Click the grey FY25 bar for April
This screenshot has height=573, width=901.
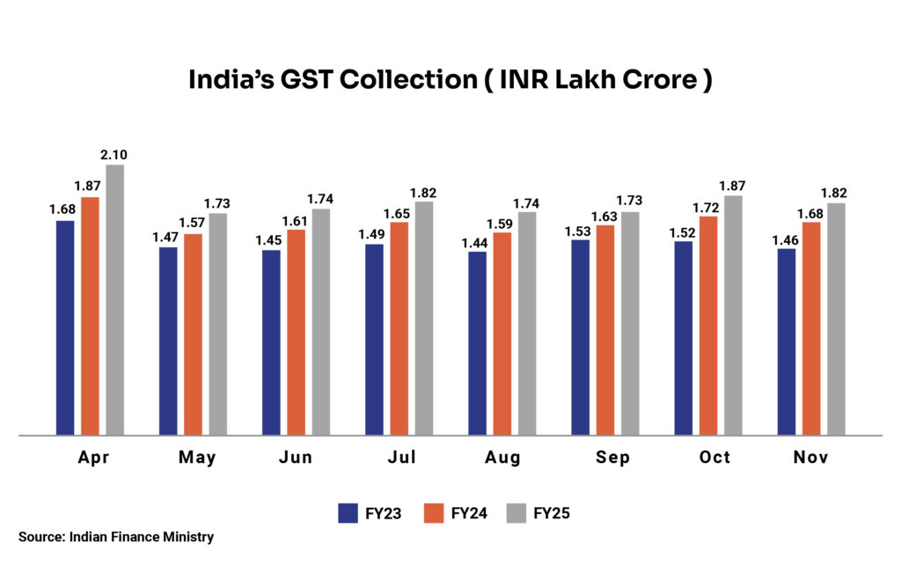115,300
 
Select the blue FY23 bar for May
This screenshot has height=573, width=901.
168,341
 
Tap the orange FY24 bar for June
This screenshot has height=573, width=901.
297,332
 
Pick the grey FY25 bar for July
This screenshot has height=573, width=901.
424,318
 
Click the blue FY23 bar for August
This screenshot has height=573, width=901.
477,343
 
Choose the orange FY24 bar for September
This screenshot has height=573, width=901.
605,330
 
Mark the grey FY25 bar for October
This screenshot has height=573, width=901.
733,315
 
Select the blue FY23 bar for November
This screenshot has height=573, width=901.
787,342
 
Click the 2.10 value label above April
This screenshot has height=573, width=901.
114,155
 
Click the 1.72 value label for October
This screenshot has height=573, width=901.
707,207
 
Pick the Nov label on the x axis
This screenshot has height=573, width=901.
810,458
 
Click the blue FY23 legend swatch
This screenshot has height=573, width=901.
348,513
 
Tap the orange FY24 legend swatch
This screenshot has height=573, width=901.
433,513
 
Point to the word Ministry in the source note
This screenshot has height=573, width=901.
188,536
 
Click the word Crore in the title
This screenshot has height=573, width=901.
650,80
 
